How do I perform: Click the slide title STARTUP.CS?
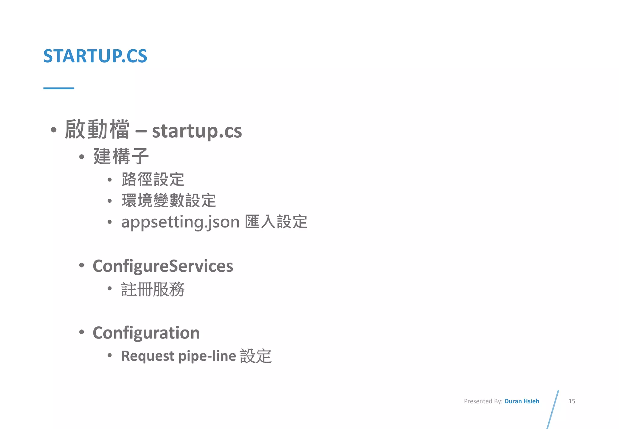point(95,56)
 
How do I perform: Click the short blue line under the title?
point(59,88)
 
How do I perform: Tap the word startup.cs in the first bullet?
point(197,131)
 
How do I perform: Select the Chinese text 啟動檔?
point(97,129)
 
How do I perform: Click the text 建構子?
point(121,156)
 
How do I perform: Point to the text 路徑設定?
point(153,179)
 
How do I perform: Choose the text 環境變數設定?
point(169,201)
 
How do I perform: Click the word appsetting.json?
point(180,222)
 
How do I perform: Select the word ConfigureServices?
point(163,266)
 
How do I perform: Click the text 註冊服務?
point(153,289)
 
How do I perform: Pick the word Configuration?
point(146,333)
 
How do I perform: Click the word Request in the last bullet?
point(147,356)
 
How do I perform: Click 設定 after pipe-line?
point(256,356)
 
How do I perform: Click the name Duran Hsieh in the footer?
point(522,401)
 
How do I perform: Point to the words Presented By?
point(483,401)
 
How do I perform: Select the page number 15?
point(572,401)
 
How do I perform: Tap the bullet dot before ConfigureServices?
point(81,265)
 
